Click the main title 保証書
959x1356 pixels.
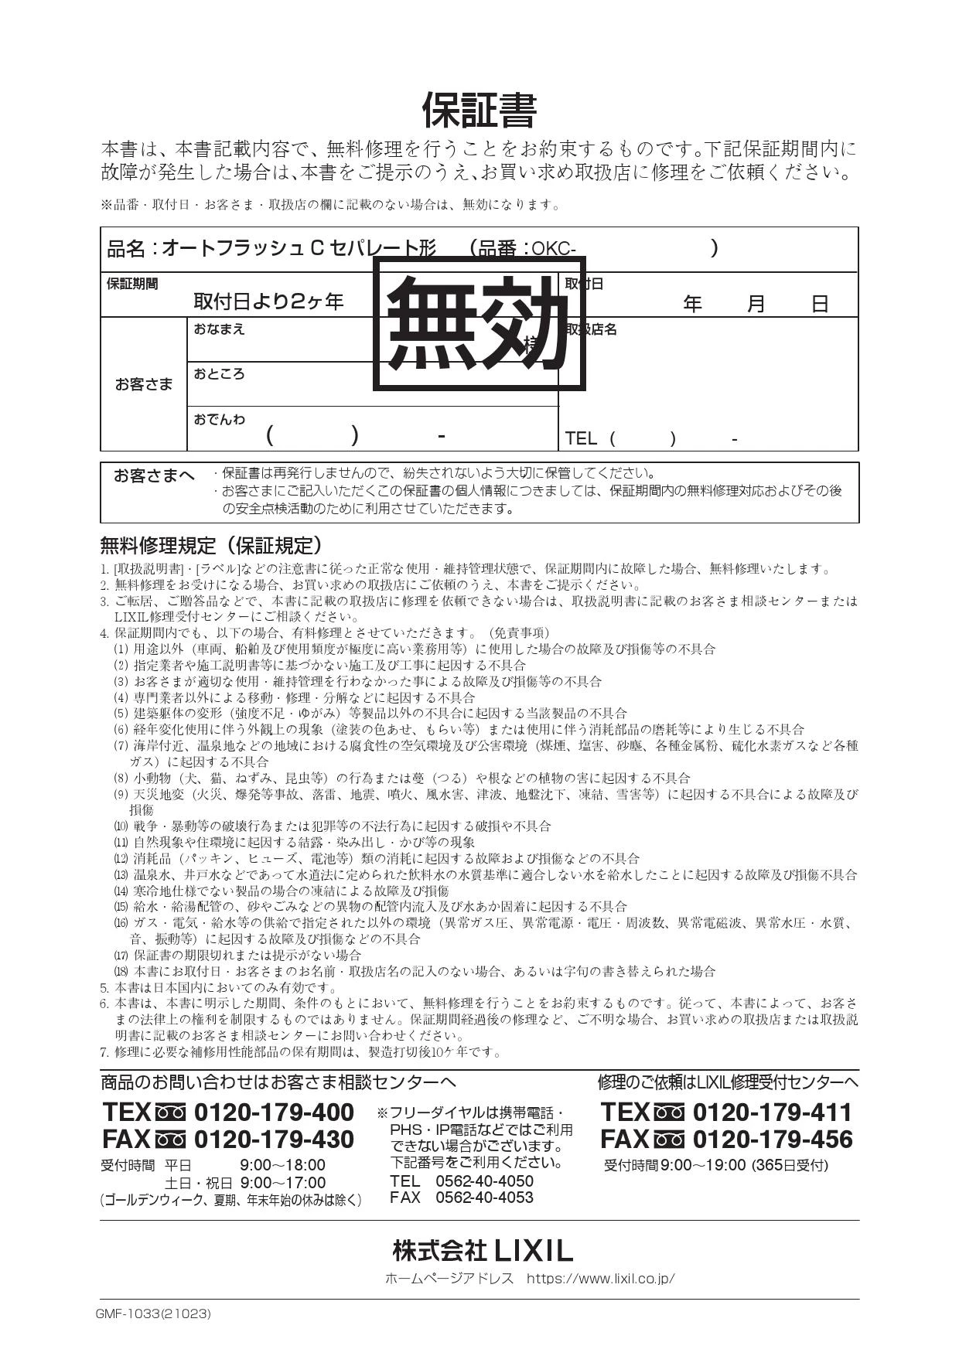point(479,111)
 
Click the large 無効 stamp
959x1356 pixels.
point(479,322)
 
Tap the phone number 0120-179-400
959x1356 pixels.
point(273,1112)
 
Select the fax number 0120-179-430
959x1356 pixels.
point(273,1139)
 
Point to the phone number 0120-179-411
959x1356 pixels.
point(771,1112)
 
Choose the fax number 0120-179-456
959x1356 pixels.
point(771,1139)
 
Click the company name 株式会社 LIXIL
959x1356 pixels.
point(482,1250)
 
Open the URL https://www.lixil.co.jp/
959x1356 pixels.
point(600,1279)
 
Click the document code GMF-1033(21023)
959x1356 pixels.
point(153,1313)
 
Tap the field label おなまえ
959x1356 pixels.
point(219,329)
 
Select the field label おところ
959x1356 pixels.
point(219,374)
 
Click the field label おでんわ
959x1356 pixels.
point(219,419)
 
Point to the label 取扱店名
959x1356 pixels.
point(591,329)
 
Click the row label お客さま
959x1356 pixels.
point(144,384)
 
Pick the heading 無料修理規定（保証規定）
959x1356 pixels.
point(211,546)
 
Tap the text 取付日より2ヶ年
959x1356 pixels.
point(268,302)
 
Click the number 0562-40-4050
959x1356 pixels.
point(484,1181)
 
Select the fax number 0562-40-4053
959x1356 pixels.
point(484,1198)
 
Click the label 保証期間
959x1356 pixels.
point(132,284)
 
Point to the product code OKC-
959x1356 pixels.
point(554,249)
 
